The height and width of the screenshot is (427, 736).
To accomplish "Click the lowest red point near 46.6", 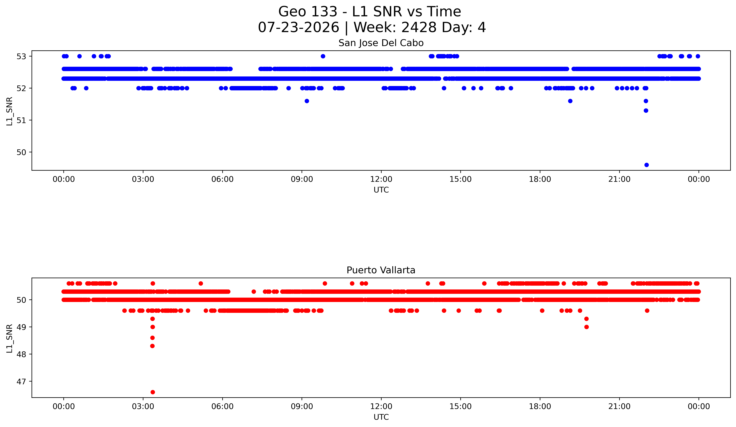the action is pos(152,392).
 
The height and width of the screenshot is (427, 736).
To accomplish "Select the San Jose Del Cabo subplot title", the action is pos(381,43).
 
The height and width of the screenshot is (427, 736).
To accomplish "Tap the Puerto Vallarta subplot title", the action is pos(381,270).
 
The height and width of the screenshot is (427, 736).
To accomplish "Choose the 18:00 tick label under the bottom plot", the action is pos(540,406).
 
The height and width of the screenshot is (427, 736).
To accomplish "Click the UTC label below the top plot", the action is pos(381,190).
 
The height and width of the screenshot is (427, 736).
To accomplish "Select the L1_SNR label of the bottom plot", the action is pos(10,338).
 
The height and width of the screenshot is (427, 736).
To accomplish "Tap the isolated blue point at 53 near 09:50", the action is pos(323,56).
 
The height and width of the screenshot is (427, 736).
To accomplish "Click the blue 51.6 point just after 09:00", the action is pos(307,101).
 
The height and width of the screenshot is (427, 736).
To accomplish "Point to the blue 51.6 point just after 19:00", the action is pos(570,101).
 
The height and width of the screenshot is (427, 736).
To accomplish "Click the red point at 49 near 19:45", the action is pos(586,327).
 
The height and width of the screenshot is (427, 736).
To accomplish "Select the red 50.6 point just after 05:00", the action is pos(201,283).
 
